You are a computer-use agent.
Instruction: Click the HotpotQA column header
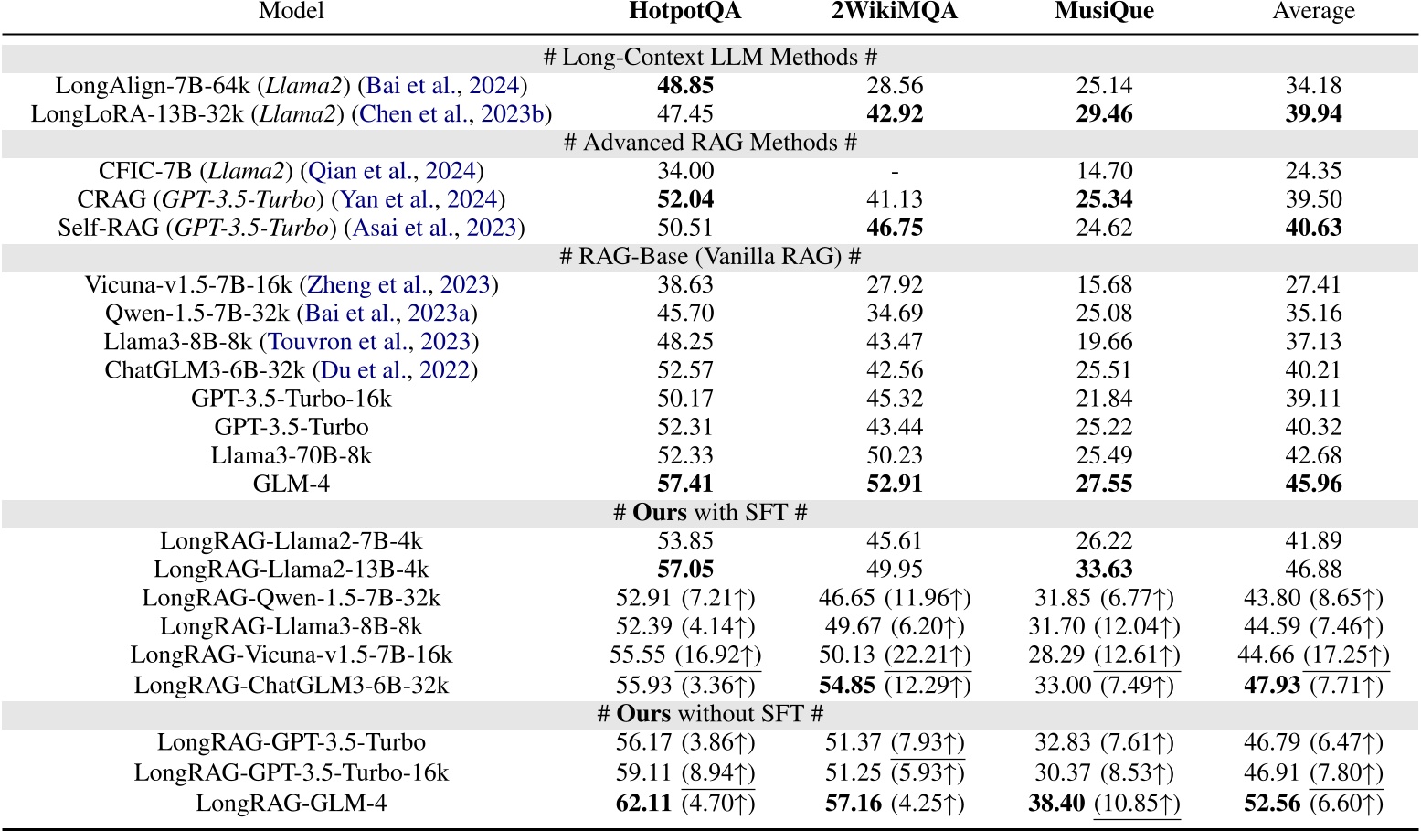(685, 12)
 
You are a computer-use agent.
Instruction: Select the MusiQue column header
(1104, 12)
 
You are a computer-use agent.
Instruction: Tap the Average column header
(1313, 12)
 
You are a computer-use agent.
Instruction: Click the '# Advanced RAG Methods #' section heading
(710, 143)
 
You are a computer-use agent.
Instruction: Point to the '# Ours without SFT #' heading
(710, 714)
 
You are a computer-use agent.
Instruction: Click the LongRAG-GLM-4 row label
(292, 804)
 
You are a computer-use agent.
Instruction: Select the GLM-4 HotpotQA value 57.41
(685, 484)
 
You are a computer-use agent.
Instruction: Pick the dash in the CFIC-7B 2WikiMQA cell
(895, 172)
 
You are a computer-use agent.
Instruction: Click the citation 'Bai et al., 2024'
(443, 86)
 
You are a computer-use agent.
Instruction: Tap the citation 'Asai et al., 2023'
(434, 228)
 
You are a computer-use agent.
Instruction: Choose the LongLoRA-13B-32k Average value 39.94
(1313, 114)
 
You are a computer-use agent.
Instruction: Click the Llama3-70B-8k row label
(292, 455)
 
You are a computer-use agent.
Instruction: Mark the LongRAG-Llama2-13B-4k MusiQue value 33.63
(1104, 570)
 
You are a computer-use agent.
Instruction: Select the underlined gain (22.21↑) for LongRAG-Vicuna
(928, 655)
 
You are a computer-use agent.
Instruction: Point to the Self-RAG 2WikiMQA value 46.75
(895, 228)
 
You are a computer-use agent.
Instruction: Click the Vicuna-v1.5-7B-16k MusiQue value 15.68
(1104, 285)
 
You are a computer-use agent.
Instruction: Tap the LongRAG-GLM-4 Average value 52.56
(1272, 804)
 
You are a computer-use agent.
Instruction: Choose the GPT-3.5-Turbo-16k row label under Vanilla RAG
(292, 399)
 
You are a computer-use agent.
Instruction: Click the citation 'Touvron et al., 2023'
(369, 342)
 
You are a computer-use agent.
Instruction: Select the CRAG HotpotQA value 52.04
(685, 199)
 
